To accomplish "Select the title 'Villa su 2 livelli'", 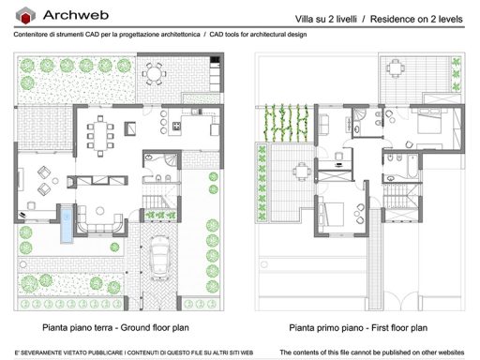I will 330,19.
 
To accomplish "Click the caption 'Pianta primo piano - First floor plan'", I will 358,328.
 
